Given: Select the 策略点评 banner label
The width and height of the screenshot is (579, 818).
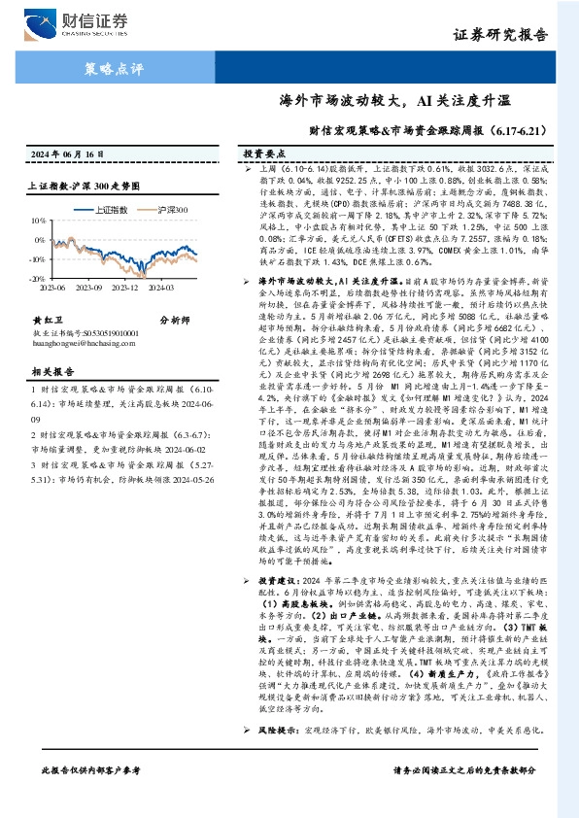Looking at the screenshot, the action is [109, 68].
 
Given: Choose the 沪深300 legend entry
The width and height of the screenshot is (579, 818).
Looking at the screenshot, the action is [171, 209].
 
